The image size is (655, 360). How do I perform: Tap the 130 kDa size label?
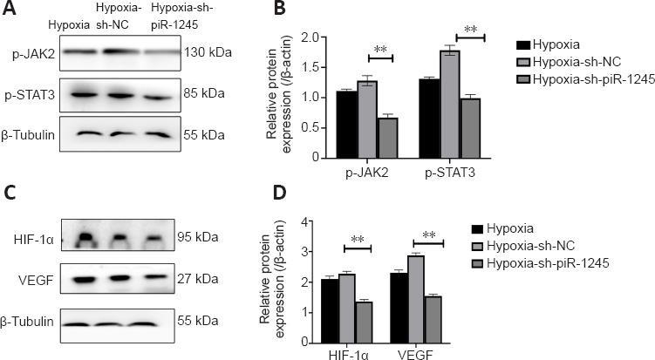pos(208,53)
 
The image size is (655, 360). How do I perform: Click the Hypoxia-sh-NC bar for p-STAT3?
pos(449,105)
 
